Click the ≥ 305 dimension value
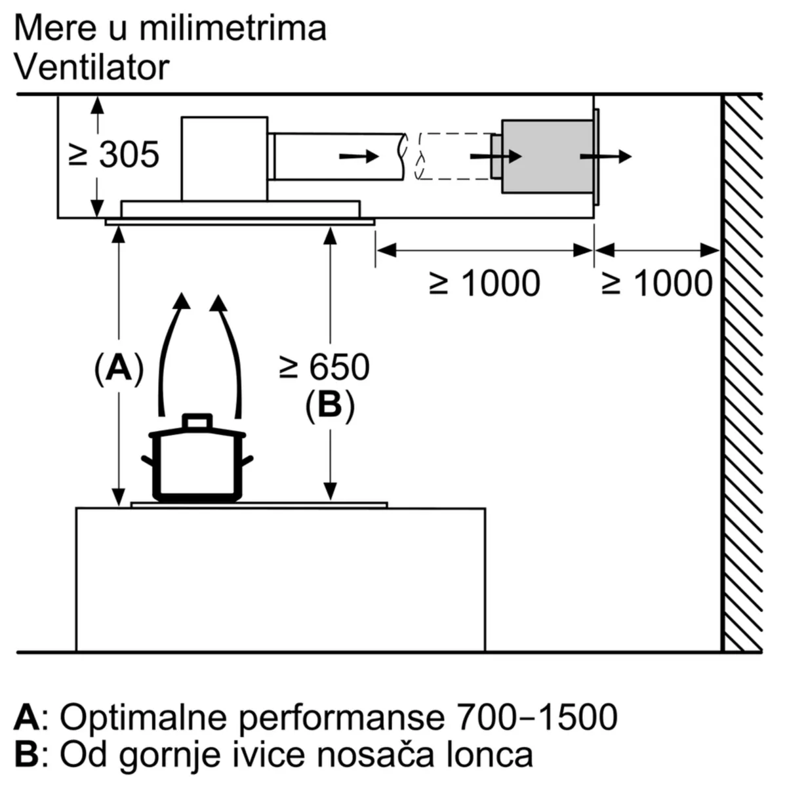tap(115, 155)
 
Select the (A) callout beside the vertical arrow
tap(119, 368)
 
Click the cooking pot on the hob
tap(197, 462)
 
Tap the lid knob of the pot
tap(197, 420)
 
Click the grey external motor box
tap(547, 156)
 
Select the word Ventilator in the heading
tap(91, 68)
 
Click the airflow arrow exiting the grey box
tap(605, 157)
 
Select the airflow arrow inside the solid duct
tap(359, 156)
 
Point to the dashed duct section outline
tap(454, 156)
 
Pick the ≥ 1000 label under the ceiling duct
tap(485, 283)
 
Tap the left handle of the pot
tap(148, 460)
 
